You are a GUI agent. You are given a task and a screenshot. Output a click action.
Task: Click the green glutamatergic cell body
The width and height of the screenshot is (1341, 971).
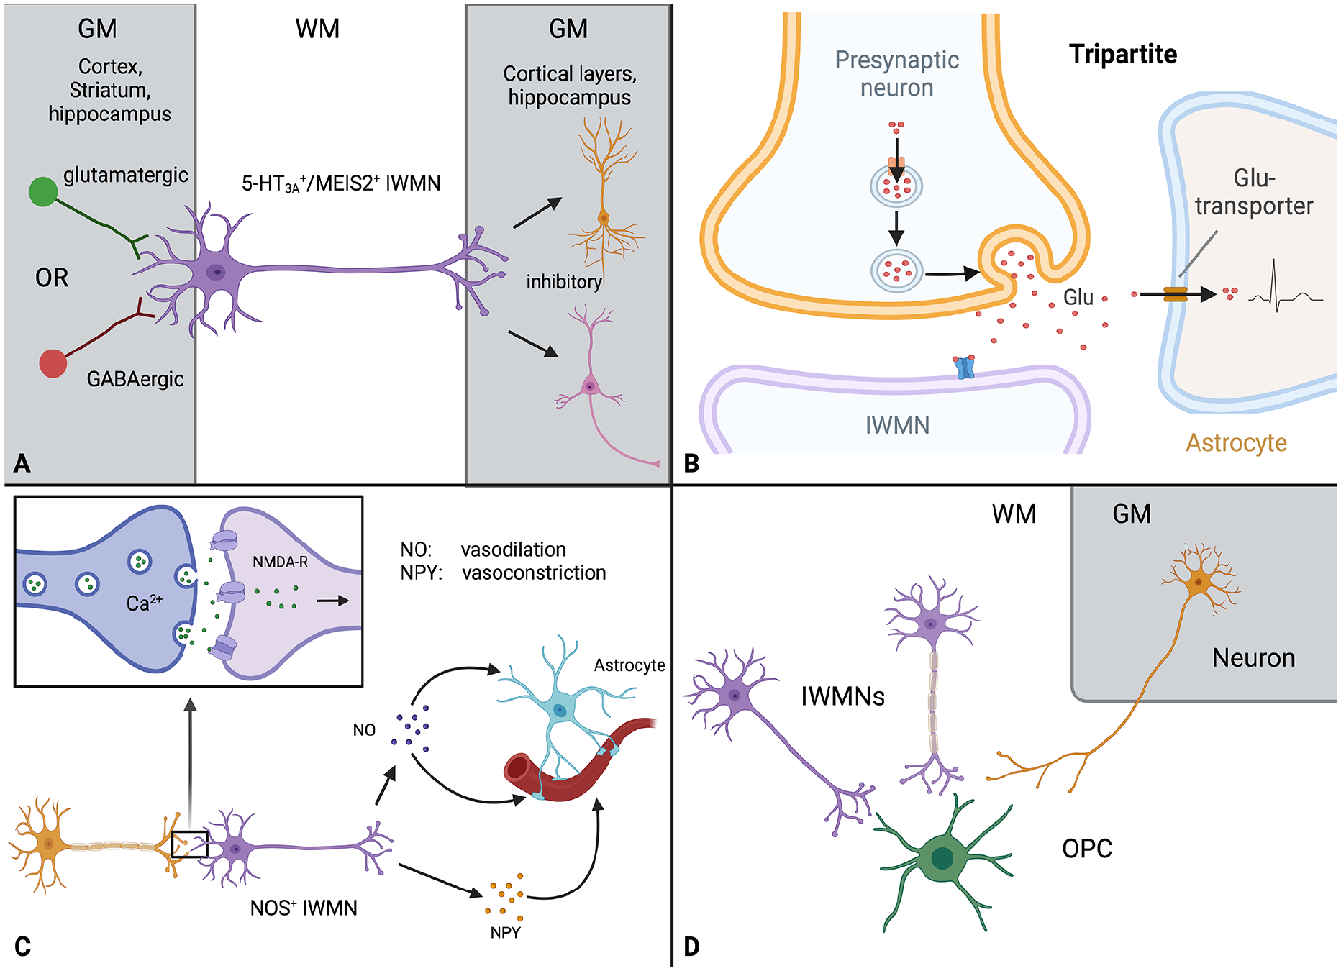[43, 191]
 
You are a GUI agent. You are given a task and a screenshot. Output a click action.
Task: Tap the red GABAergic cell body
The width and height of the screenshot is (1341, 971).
[53, 363]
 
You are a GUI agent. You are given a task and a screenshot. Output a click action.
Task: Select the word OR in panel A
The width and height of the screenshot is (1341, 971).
[52, 278]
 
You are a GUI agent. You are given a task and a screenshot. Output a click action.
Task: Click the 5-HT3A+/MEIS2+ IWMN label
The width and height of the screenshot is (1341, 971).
[341, 184]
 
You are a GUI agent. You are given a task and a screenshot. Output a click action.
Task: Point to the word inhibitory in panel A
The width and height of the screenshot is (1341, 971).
[564, 282]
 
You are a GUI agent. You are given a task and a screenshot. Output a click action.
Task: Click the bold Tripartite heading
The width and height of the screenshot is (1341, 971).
[1123, 55]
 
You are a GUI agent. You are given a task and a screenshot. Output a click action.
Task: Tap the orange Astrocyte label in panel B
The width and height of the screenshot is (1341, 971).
[1236, 443]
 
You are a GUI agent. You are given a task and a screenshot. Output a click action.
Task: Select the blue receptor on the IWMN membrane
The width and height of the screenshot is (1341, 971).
[964, 367]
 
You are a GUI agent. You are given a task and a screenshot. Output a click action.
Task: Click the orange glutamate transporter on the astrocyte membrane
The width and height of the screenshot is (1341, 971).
[1176, 293]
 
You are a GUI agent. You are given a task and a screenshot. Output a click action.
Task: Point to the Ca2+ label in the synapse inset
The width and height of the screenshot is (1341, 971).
[145, 603]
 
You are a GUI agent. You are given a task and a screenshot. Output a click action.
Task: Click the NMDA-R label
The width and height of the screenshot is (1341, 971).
[280, 562]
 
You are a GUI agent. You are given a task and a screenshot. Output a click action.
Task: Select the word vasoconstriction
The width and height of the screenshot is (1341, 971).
[534, 573]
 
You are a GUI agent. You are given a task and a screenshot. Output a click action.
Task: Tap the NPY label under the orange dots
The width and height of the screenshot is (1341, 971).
[505, 933]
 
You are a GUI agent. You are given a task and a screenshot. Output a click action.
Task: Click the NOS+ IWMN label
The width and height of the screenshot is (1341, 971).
[304, 908]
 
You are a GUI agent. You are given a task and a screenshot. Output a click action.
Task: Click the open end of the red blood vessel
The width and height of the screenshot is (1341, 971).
[517, 768]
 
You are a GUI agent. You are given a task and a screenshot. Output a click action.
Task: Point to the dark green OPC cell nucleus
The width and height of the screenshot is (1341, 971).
[942, 858]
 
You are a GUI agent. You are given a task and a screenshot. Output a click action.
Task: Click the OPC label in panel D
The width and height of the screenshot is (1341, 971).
[1087, 849]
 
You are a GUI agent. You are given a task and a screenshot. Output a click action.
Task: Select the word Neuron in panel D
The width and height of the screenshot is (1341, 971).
[1253, 658]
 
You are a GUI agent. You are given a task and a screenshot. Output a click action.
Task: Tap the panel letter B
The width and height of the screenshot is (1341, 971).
[691, 464]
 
